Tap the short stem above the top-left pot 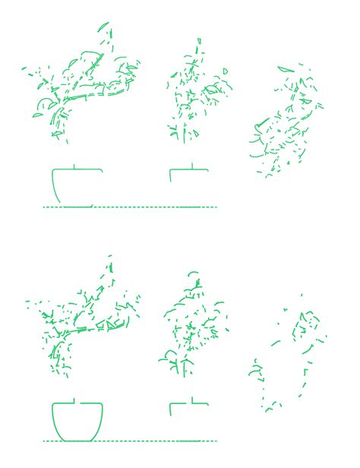point(73,165)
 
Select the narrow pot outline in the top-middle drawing point(171,175)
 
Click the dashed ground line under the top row point(129,207)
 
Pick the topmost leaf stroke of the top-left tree point(103,27)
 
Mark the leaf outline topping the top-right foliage point(286,69)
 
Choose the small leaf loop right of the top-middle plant point(226,71)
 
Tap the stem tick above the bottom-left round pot point(73,399)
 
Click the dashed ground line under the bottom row point(129,441)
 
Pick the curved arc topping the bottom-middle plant point(193,273)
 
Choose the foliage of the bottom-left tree point(84,319)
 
